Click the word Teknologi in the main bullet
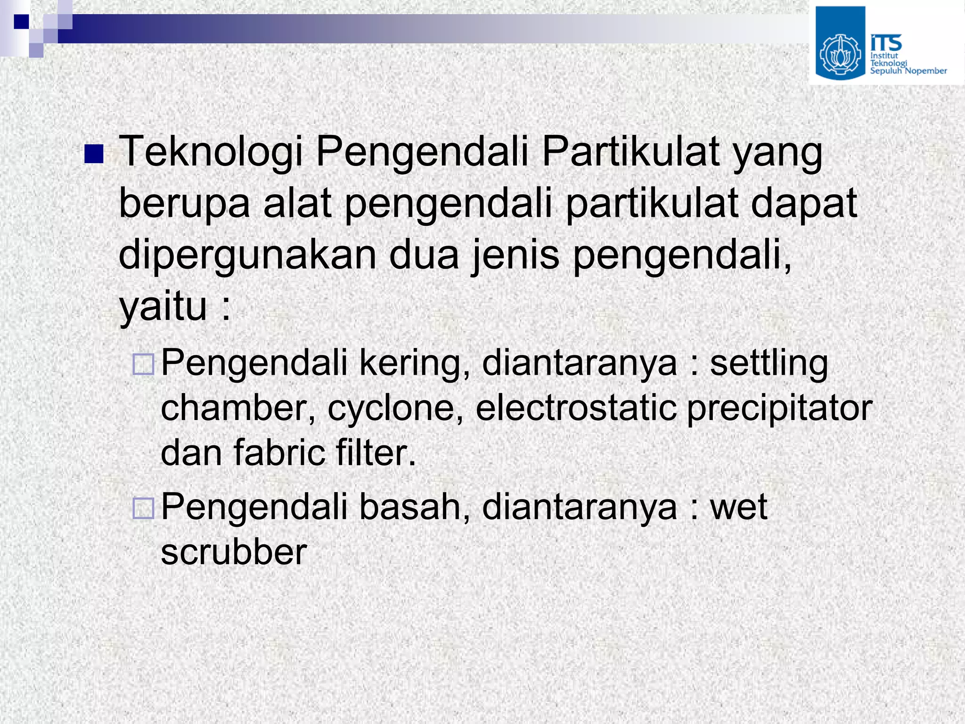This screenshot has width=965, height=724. click(210, 152)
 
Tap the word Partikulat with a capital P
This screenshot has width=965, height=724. click(630, 152)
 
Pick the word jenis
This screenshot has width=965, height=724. click(515, 255)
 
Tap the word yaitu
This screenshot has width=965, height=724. click(163, 307)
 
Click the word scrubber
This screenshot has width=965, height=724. click(234, 552)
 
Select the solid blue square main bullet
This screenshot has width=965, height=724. click(94, 154)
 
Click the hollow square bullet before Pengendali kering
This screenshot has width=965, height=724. click(143, 364)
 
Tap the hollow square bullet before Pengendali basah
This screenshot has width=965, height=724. click(143, 508)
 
